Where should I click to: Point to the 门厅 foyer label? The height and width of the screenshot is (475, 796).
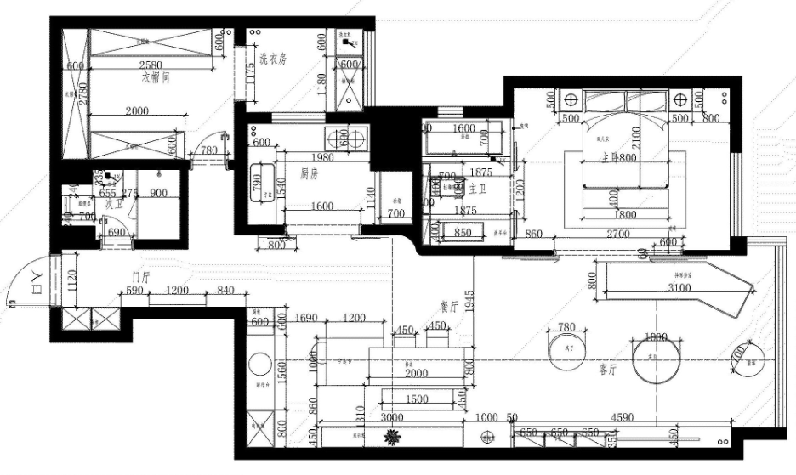pyautogui.click(x=140, y=277)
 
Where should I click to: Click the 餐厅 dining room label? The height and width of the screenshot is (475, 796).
pyautogui.click(x=449, y=308)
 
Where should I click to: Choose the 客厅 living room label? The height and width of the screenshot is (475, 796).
pyautogui.click(x=608, y=370)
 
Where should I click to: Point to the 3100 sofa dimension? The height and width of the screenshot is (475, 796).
pyautogui.click(x=680, y=288)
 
